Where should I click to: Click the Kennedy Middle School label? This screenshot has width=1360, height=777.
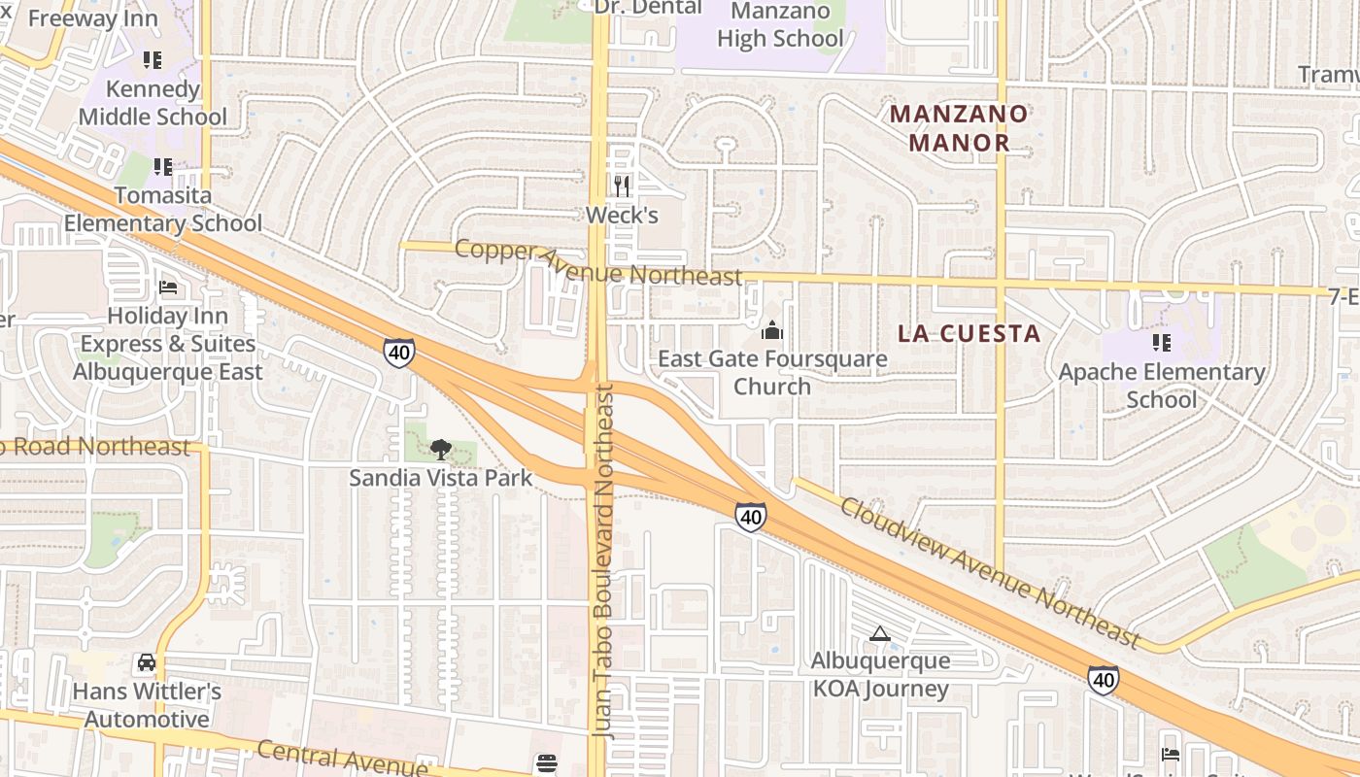click(153, 103)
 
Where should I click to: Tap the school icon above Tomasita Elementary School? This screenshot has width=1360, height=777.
click(163, 167)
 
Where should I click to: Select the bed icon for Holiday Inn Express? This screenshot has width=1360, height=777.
click(168, 287)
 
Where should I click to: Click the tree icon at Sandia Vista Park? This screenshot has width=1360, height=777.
click(440, 449)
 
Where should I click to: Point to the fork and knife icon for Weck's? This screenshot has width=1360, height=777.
click(622, 186)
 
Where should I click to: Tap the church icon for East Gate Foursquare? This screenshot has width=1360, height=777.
click(772, 331)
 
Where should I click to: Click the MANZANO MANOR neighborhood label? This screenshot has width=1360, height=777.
click(958, 128)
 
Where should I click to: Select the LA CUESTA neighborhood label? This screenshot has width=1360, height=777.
click(969, 334)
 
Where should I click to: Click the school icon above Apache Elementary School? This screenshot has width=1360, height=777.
click(1161, 343)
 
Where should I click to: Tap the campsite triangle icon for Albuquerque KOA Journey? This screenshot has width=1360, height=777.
click(879, 633)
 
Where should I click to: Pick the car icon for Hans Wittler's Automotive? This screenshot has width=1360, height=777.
click(147, 662)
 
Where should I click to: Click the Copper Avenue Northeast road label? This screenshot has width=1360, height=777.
click(597, 262)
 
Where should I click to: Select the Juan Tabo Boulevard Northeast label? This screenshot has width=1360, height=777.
click(604, 561)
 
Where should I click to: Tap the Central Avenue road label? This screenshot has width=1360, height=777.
click(342, 758)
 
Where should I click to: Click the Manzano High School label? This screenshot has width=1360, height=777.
click(780, 25)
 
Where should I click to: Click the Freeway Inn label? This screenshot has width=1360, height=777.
click(93, 18)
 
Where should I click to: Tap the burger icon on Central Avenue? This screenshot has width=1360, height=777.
click(547, 763)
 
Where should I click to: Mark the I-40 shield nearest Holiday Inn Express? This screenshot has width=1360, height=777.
click(398, 352)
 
